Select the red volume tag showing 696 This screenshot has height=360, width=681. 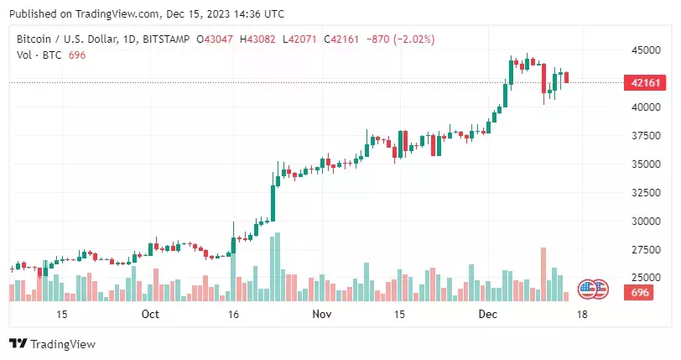pyautogui.click(x=641, y=292)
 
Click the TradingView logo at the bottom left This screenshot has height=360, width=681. pyautogui.click(x=52, y=344)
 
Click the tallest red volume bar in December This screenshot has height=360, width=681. pyautogui.click(x=543, y=274)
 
